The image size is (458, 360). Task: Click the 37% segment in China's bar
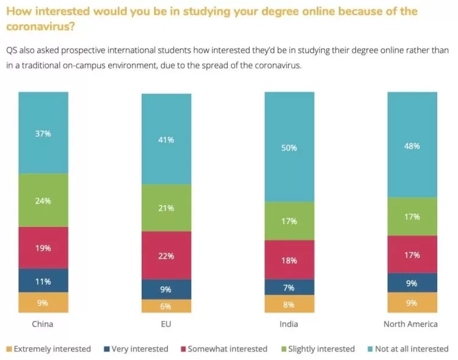[43, 133]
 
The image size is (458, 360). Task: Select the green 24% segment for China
[43, 200]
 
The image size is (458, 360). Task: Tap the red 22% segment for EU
[166, 256]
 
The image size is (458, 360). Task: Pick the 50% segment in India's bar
[289, 147]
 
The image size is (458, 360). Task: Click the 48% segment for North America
[412, 145]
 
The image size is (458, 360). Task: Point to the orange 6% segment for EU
[166, 306]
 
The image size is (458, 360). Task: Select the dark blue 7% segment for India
[289, 287]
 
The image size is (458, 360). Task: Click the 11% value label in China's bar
[43, 281]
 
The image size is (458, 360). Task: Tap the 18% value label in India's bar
[289, 260]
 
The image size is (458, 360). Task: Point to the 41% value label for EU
[166, 140]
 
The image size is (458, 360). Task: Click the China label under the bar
[43, 324]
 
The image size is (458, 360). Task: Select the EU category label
[166, 324]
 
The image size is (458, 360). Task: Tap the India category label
[289, 324]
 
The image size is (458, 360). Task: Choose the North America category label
[411, 324]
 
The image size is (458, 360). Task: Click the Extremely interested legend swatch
[9, 349]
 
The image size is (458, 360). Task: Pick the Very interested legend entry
[136, 349]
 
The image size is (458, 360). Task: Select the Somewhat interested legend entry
[224, 349]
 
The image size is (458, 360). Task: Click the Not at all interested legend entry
[408, 349]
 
